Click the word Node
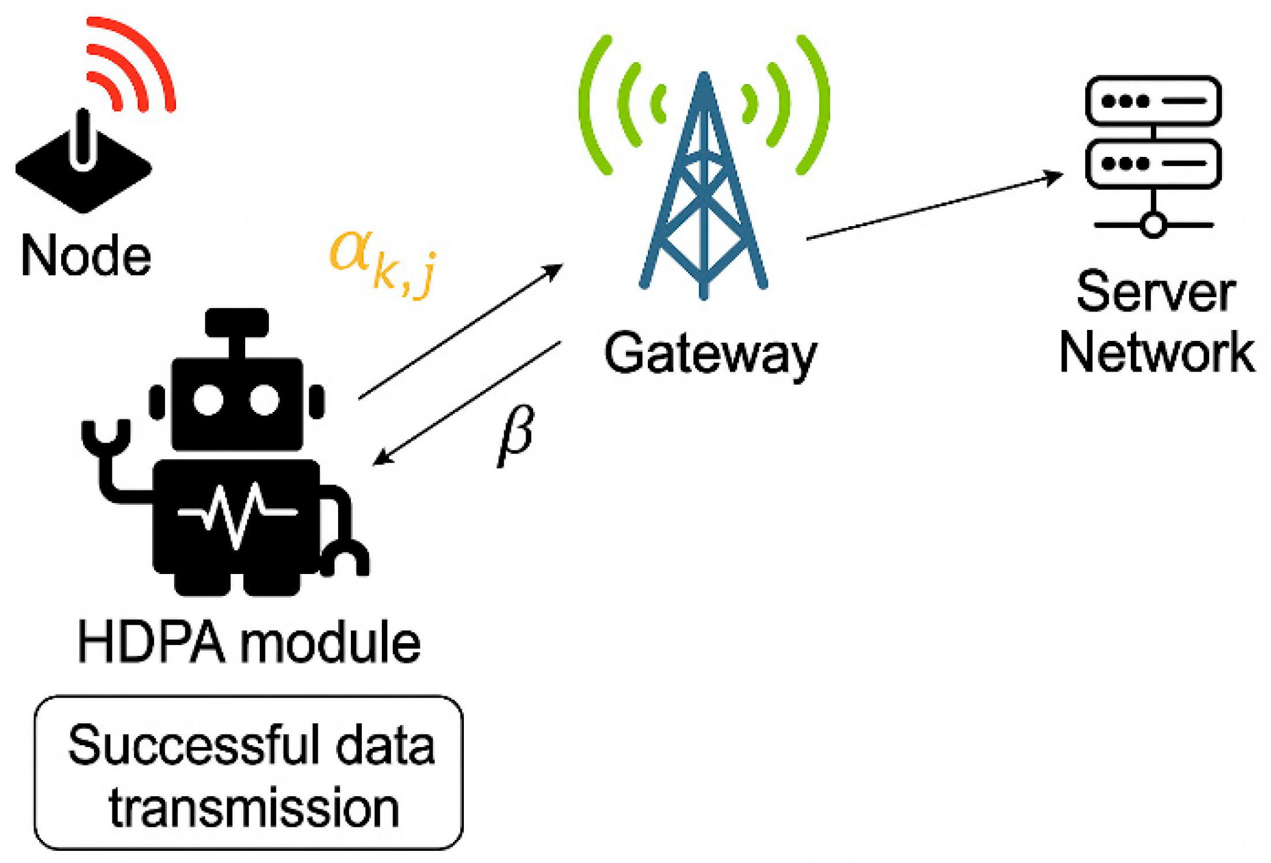(86, 256)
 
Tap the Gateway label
(710, 353)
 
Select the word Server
(1156, 292)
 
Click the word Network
(1157, 352)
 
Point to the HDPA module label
(249, 643)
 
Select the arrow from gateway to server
(935, 205)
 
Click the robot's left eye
(208, 400)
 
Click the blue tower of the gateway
(703, 190)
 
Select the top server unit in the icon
(1153, 101)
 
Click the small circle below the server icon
(1153, 225)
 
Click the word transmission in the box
(254, 808)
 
